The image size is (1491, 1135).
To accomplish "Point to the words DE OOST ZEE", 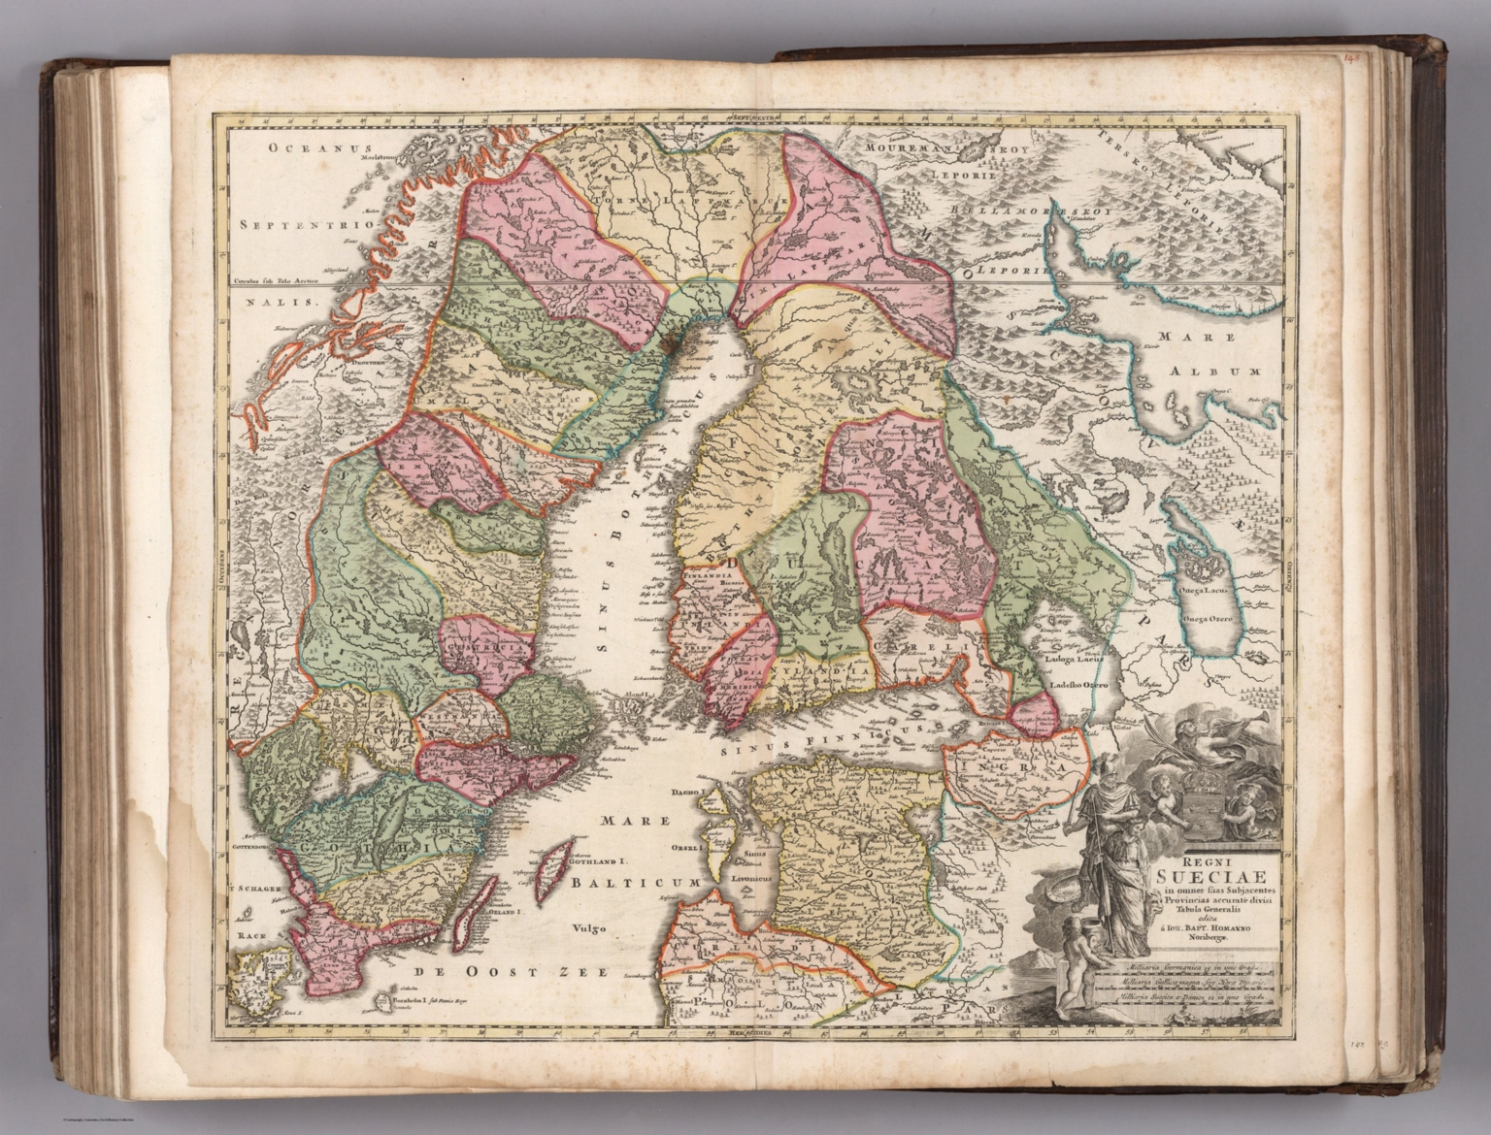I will click(505, 972).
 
